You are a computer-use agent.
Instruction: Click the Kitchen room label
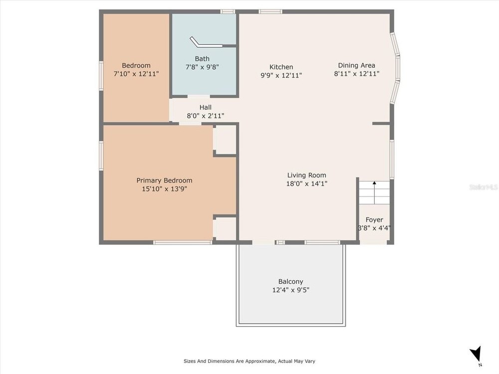point(281,67)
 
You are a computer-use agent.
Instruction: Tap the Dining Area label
point(356,65)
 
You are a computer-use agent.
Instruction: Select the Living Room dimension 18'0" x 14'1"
point(307,184)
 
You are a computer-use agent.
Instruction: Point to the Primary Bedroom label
point(164,181)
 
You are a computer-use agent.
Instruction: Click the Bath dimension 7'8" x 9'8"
point(202,67)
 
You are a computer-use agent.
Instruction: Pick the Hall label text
point(205,107)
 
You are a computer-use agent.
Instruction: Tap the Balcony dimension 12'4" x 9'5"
point(290,290)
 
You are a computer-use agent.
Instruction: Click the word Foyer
point(374,220)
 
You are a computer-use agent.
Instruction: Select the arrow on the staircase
point(375,192)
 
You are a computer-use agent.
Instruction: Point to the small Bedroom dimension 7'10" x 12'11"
point(136,74)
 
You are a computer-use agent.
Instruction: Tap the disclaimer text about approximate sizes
point(249,361)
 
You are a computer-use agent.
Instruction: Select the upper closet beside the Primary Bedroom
point(225,140)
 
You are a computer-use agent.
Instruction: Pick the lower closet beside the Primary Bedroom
point(225,228)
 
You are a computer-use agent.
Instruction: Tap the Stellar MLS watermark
point(484,187)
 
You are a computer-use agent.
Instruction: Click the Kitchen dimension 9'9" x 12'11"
point(281,75)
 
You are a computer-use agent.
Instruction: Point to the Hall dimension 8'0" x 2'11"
point(205,116)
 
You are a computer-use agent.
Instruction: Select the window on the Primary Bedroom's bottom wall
point(183,242)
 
